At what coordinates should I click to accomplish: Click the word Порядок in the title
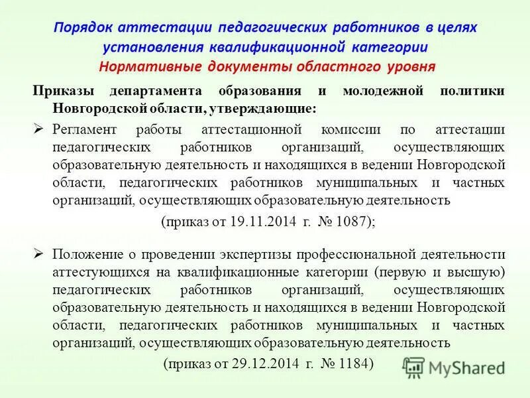point(84,29)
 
